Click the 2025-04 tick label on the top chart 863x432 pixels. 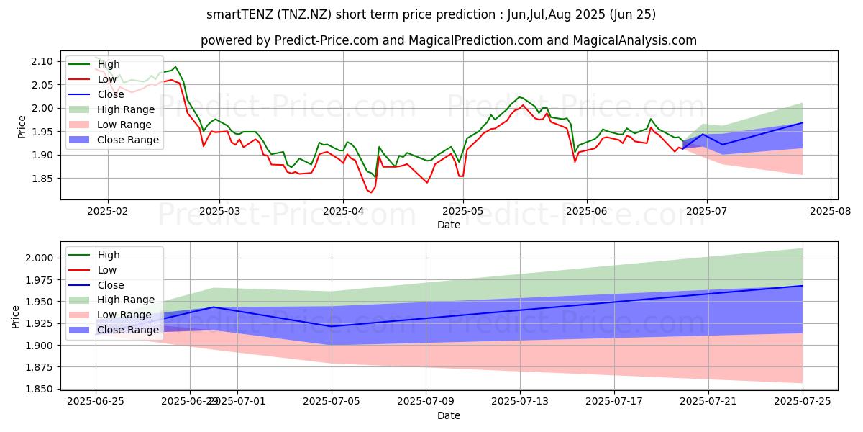(x=342, y=210)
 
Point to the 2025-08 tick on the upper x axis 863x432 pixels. (x=831, y=210)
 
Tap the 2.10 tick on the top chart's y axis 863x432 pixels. (x=43, y=61)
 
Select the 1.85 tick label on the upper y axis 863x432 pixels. (x=43, y=179)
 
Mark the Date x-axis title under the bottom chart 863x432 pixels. (x=448, y=415)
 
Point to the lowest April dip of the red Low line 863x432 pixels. (x=371, y=192)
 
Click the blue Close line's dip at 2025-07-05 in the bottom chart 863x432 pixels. (x=332, y=326)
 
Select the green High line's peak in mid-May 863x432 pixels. (x=519, y=97)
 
